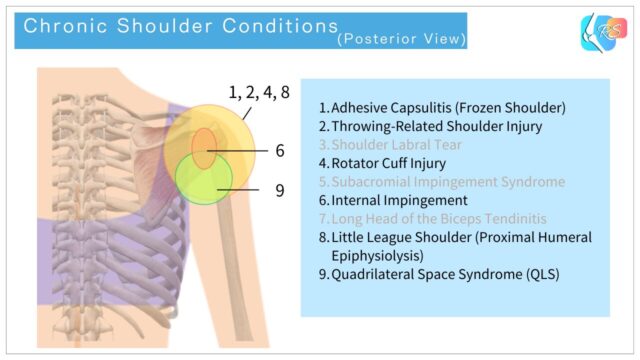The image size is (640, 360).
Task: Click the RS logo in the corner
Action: [x=602, y=33]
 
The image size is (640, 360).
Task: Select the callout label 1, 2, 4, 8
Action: [x=259, y=93]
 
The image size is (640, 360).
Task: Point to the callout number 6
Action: [x=281, y=151]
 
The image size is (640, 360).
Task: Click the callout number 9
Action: [x=281, y=188]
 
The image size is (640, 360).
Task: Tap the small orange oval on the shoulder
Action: [x=204, y=148]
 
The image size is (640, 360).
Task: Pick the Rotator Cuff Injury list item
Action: [x=388, y=163]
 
